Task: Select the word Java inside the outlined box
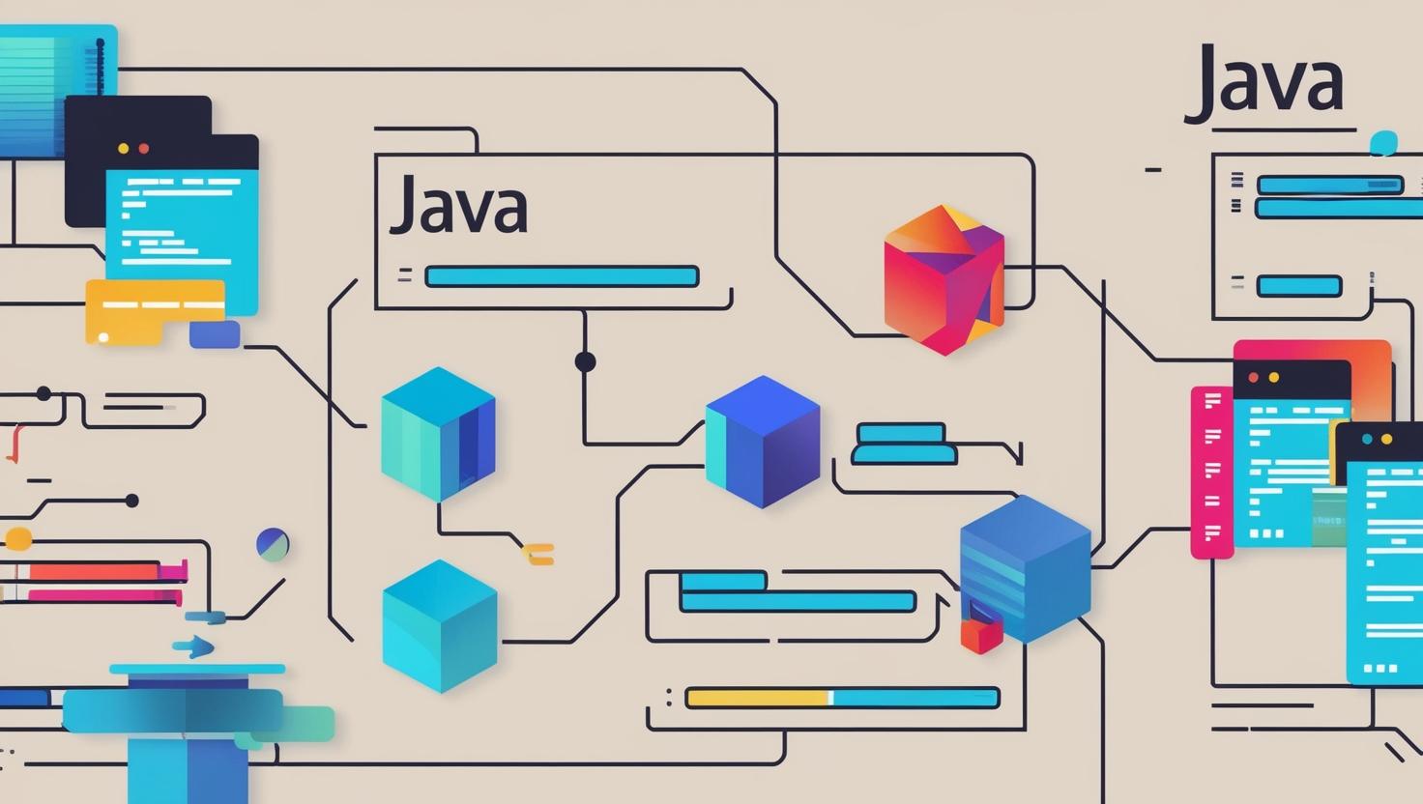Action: pos(458,205)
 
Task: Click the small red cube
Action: pos(980,636)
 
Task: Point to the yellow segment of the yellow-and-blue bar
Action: pos(757,698)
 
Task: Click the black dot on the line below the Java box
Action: pos(585,361)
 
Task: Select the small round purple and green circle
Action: pos(273,545)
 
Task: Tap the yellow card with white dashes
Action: pos(155,311)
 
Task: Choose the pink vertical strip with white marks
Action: pos(1211,472)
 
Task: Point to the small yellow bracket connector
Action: pos(538,554)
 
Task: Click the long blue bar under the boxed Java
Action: pos(561,277)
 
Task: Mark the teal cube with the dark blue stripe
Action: pos(438,434)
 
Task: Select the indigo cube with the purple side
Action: pos(763,442)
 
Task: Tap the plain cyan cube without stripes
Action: pos(440,626)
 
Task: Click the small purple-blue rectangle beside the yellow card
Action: pos(215,334)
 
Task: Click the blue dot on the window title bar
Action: pos(1367,439)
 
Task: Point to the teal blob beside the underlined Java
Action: pos(1384,144)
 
